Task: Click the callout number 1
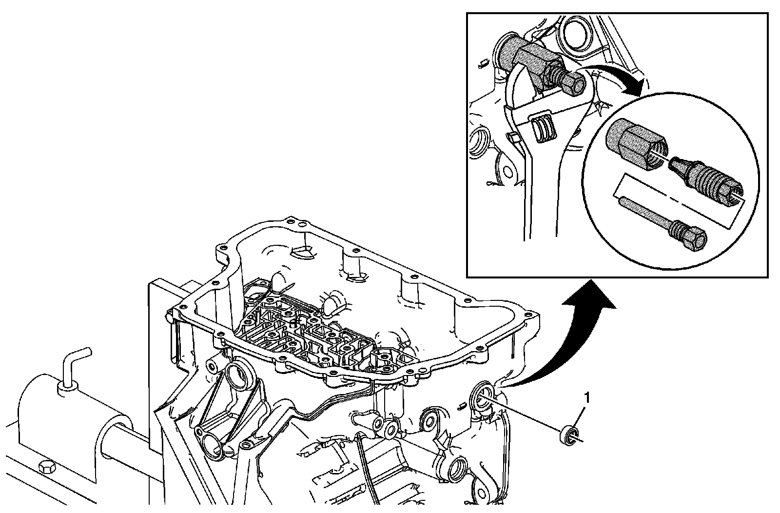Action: (587, 398)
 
